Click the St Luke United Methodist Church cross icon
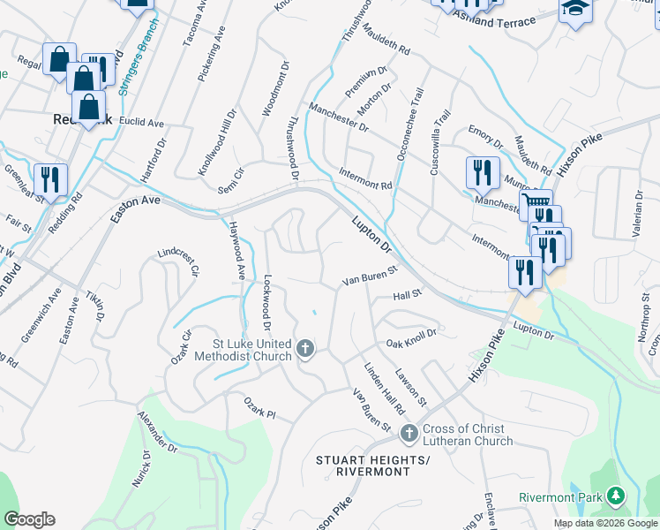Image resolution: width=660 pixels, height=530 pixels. click(x=305, y=350)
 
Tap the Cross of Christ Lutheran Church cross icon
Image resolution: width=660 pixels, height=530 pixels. click(x=408, y=434)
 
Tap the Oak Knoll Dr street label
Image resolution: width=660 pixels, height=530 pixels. click(x=411, y=343)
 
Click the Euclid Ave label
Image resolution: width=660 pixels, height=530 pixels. click(x=143, y=123)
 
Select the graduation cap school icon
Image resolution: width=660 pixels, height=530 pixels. click(x=574, y=9)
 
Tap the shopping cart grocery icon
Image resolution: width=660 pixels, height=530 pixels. click(x=534, y=204)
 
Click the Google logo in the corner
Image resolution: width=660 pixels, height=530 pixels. click(x=29, y=519)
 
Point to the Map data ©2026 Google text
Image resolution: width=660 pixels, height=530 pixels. click(x=605, y=523)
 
